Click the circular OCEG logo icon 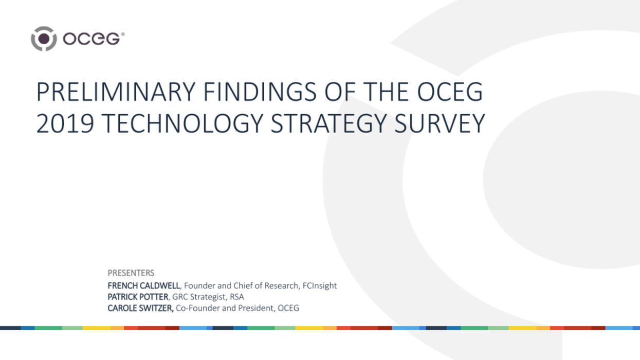click(44, 39)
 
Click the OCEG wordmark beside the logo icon click(93, 39)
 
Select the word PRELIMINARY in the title click(116, 93)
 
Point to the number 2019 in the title click(65, 124)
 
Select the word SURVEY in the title click(440, 124)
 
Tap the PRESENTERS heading click(131, 273)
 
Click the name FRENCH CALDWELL click(143, 285)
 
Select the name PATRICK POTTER click(137, 297)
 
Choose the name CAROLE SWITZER click(140, 308)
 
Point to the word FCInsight click(320, 285)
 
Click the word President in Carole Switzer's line click(257, 308)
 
